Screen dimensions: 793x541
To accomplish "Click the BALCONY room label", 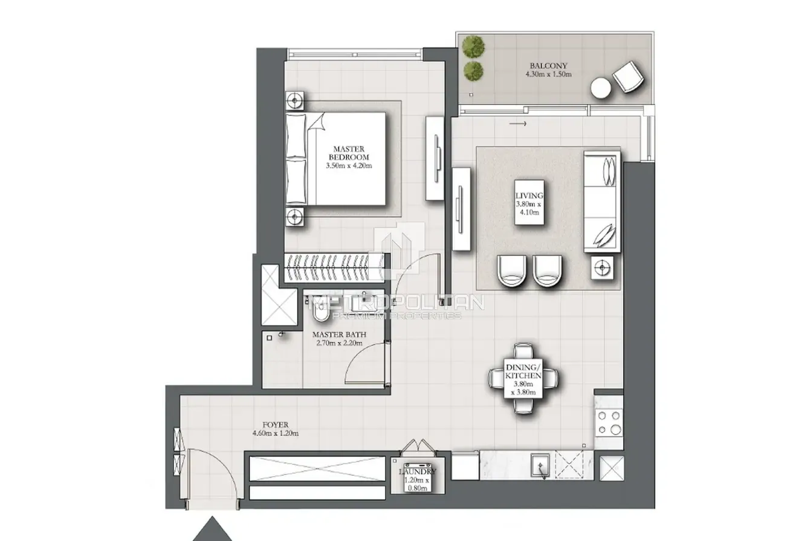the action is [548, 66].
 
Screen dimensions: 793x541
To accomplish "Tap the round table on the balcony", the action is [601, 88].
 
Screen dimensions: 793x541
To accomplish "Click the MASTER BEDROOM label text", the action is [349, 152].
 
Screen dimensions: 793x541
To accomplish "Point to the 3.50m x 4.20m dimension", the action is [349, 166].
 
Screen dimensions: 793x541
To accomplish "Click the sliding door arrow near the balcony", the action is [518, 123].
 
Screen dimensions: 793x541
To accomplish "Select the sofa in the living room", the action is [602, 202].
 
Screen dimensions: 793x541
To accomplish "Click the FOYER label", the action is [276, 424].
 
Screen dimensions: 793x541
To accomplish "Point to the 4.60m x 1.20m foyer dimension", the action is [276, 433].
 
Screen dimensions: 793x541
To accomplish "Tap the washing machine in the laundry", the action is [418, 477].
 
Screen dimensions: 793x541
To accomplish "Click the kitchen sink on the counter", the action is [540, 465].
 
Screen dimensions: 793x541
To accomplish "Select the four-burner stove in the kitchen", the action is [609, 422].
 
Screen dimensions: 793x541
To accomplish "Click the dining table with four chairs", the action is [523, 378].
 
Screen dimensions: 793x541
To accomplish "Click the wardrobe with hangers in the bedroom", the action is [335, 267].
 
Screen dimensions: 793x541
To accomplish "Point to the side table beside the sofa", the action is [602, 267].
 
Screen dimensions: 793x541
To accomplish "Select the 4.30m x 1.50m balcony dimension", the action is [548, 74].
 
